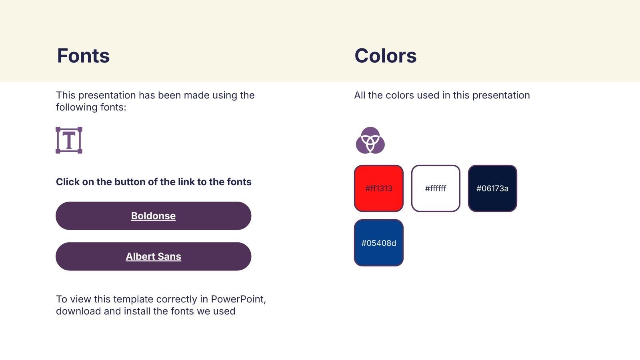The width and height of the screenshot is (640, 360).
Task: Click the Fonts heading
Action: (83, 56)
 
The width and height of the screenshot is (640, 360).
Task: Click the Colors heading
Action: (386, 56)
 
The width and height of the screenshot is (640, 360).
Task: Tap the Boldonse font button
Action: (154, 216)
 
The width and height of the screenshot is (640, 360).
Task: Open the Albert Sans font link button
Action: (154, 256)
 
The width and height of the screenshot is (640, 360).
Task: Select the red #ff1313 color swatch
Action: (378, 188)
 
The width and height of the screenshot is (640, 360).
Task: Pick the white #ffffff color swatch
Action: (436, 188)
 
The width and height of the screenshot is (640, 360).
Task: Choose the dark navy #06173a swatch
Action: (492, 188)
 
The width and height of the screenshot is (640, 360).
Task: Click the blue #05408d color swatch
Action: (378, 243)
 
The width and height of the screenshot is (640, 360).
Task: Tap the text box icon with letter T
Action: (69, 140)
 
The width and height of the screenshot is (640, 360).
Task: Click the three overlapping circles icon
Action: (370, 140)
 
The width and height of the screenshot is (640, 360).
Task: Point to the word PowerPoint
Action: (238, 299)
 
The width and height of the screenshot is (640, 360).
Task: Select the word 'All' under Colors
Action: (360, 95)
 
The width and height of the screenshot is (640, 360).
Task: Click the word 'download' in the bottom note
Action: (78, 311)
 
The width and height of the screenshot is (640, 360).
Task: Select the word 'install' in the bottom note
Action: (137, 311)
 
